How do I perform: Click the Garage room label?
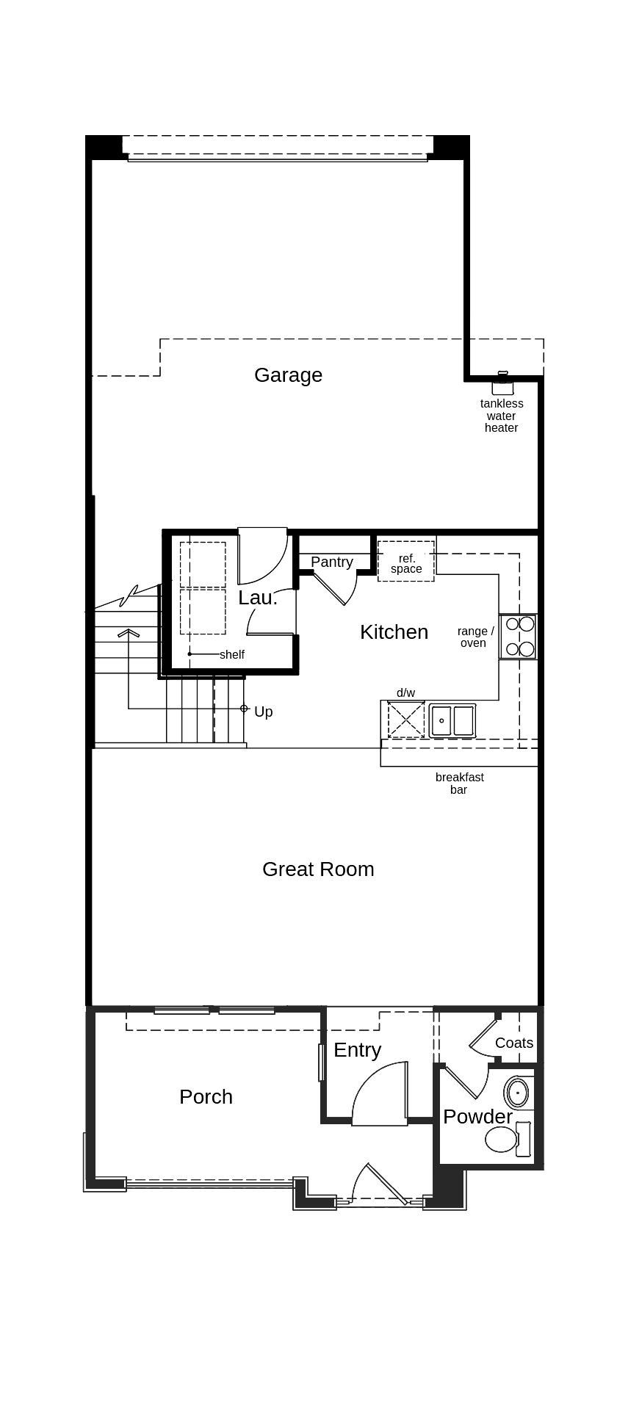288,374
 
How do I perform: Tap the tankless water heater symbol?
502,383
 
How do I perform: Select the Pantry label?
331,562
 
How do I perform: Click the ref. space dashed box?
405,562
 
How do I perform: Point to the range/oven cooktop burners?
519,637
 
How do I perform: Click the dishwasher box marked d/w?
406,719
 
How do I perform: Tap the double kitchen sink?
452,720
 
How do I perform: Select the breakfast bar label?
459,783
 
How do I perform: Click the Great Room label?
318,869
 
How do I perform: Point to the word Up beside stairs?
263,712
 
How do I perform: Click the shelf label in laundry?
231,654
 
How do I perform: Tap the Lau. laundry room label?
257,598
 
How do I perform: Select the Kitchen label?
394,631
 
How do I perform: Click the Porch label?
206,1096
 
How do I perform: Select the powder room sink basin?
517,1093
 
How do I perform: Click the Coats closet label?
513,1043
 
